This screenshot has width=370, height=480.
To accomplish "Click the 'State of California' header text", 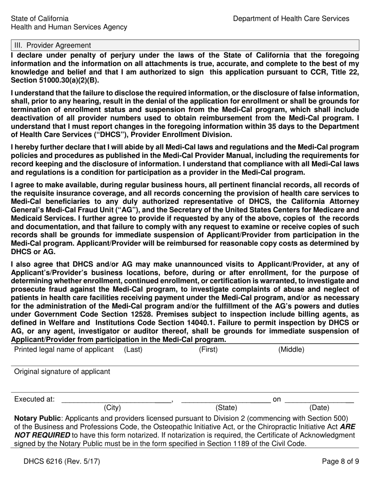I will coord(40,18).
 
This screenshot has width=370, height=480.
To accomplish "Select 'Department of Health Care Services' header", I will coord(291,18).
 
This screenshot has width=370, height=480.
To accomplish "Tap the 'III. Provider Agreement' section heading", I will coord(53,45).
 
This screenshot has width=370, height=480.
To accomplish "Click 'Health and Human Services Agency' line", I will coord(69,27).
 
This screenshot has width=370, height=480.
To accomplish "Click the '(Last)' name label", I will coord(133,350).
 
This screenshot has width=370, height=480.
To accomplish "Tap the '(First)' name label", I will coord(208,350).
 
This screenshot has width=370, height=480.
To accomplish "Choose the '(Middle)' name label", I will coord(291,350).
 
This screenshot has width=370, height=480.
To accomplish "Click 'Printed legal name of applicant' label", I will coord(64,350).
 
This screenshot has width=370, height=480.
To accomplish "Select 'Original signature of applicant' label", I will coord(62,372).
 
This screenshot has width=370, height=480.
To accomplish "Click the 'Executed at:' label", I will coord(34,399).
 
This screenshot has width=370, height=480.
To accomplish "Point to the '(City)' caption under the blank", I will coord(112,408).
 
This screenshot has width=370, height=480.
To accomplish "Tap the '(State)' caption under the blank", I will coord(226,408).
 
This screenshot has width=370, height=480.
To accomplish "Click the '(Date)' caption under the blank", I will coord(319,408).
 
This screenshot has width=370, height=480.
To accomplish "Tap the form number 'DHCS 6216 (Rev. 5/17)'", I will coord(57,462).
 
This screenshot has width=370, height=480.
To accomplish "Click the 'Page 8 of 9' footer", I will coord(340,462).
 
